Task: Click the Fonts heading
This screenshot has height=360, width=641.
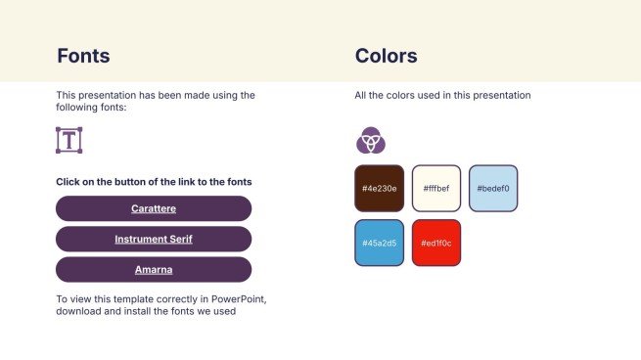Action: (x=83, y=56)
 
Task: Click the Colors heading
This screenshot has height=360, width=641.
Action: (x=386, y=56)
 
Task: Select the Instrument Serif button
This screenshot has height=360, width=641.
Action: (x=154, y=239)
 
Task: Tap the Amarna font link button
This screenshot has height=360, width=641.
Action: (x=154, y=269)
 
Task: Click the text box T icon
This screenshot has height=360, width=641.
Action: (x=69, y=140)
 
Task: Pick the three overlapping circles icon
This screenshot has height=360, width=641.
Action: (x=370, y=141)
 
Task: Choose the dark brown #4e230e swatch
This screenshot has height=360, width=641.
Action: (x=379, y=188)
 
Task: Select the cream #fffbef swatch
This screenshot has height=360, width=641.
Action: (x=435, y=188)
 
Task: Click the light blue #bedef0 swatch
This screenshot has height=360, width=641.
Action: (x=492, y=188)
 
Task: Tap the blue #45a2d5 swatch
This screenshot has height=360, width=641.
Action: (x=379, y=243)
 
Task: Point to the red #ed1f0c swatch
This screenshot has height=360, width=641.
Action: (x=435, y=243)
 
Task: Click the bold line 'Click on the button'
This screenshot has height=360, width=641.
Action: (x=154, y=182)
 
